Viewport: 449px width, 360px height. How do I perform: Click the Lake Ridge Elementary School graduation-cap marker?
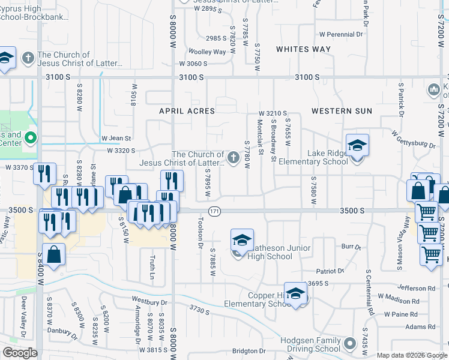[x=357, y=146]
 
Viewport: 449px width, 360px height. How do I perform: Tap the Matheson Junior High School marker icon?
[x=242, y=241]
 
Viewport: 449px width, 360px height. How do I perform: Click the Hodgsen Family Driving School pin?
[x=351, y=344]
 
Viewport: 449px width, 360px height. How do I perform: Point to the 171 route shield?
[x=214, y=211]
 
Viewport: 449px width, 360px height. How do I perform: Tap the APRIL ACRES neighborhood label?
[x=187, y=111]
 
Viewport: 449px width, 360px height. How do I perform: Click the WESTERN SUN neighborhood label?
[x=342, y=111]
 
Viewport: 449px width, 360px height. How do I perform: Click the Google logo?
[x=20, y=353]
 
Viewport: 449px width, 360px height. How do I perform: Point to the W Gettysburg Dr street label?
[x=413, y=139]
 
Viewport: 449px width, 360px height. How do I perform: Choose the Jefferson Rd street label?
[x=415, y=288]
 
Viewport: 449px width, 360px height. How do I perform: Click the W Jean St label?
[x=116, y=138]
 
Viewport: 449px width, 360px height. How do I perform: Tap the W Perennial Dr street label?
[x=341, y=34]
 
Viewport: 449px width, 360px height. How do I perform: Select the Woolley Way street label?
[x=207, y=52]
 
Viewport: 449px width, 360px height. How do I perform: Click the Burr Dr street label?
[x=351, y=247]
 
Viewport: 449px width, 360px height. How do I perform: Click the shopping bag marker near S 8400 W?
[x=53, y=254]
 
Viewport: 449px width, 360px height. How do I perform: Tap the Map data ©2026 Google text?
[x=411, y=355]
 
